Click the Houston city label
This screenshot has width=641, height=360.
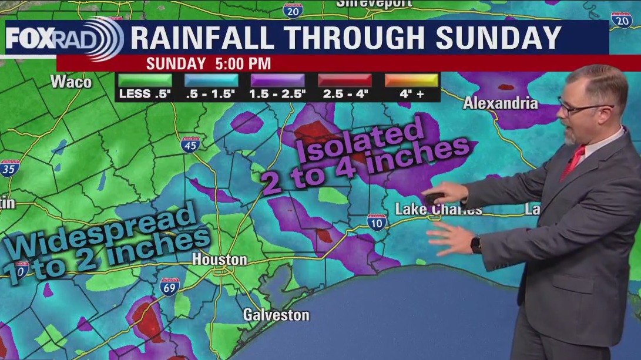click(220, 259)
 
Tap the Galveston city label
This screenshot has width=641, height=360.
click(276, 315)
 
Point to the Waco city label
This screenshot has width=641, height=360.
click(71, 82)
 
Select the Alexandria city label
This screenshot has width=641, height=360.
click(500, 103)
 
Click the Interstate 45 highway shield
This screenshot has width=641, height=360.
click(190, 144)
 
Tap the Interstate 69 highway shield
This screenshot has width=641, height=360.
click(169, 287)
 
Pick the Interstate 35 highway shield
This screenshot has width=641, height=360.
click(9, 168)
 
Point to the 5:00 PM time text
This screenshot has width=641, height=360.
click(241, 63)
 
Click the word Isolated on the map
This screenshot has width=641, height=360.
click(361, 141)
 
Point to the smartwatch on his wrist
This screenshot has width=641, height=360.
click(475, 244)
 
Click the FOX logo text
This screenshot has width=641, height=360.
click(29, 39)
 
